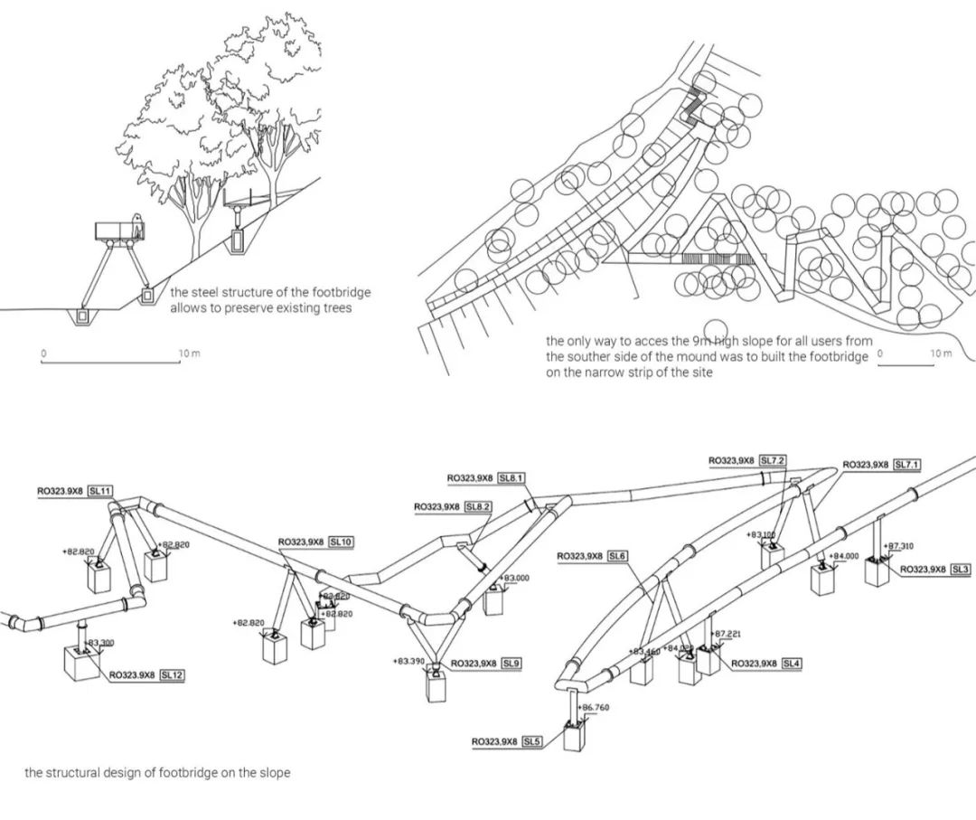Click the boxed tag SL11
pyautogui.click(x=100, y=491)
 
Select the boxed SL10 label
pyautogui.click(x=341, y=542)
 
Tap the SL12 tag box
pyautogui.click(x=172, y=674)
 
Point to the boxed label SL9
pyautogui.click(x=511, y=664)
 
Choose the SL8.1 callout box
pyautogui.click(x=510, y=477)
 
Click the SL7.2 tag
pyautogui.click(x=773, y=460)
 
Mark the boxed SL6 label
pyautogui.click(x=618, y=555)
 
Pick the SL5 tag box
pyautogui.click(x=531, y=741)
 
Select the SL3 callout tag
pyautogui.click(x=960, y=569)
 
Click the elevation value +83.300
pyautogui.click(x=101, y=643)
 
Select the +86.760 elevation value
pyautogui.click(x=594, y=707)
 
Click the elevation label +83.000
pyautogui.click(x=516, y=577)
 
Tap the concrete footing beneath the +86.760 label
pyautogui.click(x=576, y=735)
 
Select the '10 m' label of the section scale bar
pyautogui.click(x=189, y=353)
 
